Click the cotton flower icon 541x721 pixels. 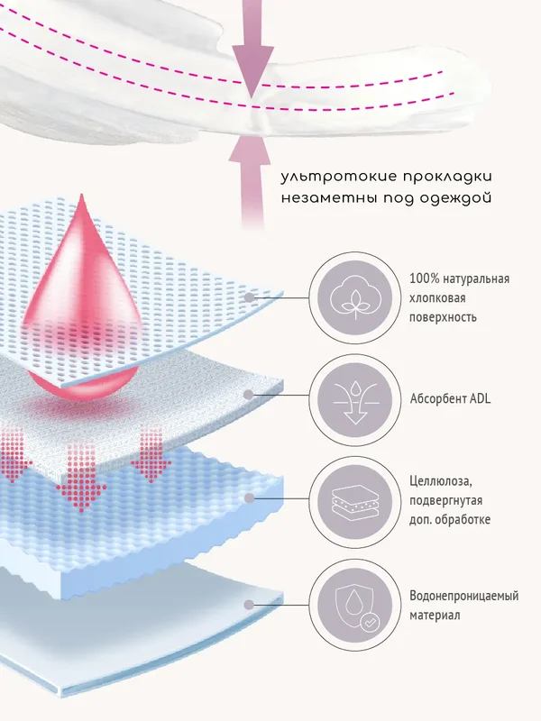tap(354, 297)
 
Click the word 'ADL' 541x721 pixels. tap(480, 398)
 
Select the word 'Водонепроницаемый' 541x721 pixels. tap(463, 596)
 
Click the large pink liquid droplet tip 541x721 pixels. tap(81, 195)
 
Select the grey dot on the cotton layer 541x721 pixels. tap(249, 297)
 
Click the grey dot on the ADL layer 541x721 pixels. tap(249, 395)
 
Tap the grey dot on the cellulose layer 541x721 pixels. tap(250, 498)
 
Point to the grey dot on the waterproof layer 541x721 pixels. tap(249, 604)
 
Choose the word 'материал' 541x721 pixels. tap(435, 616)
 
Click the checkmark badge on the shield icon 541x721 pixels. tap(369, 623)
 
